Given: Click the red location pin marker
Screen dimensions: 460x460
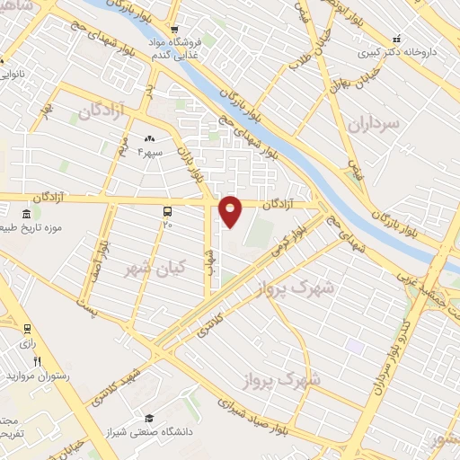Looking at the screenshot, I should pyautogui.click(x=231, y=210).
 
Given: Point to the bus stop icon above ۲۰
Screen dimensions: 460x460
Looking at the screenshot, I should pyautogui.click(x=167, y=210).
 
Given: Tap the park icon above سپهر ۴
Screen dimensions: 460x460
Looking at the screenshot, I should pyautogui.click(x=149, y=138).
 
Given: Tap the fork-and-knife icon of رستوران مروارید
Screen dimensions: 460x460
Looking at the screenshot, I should pyautogui.click(x=36, y=361).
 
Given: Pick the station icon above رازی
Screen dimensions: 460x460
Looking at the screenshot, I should pyautogui.click(x=28, y=328).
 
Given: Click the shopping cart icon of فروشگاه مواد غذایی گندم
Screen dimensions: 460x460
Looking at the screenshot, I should pyautogui.click(x=177, y=29).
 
